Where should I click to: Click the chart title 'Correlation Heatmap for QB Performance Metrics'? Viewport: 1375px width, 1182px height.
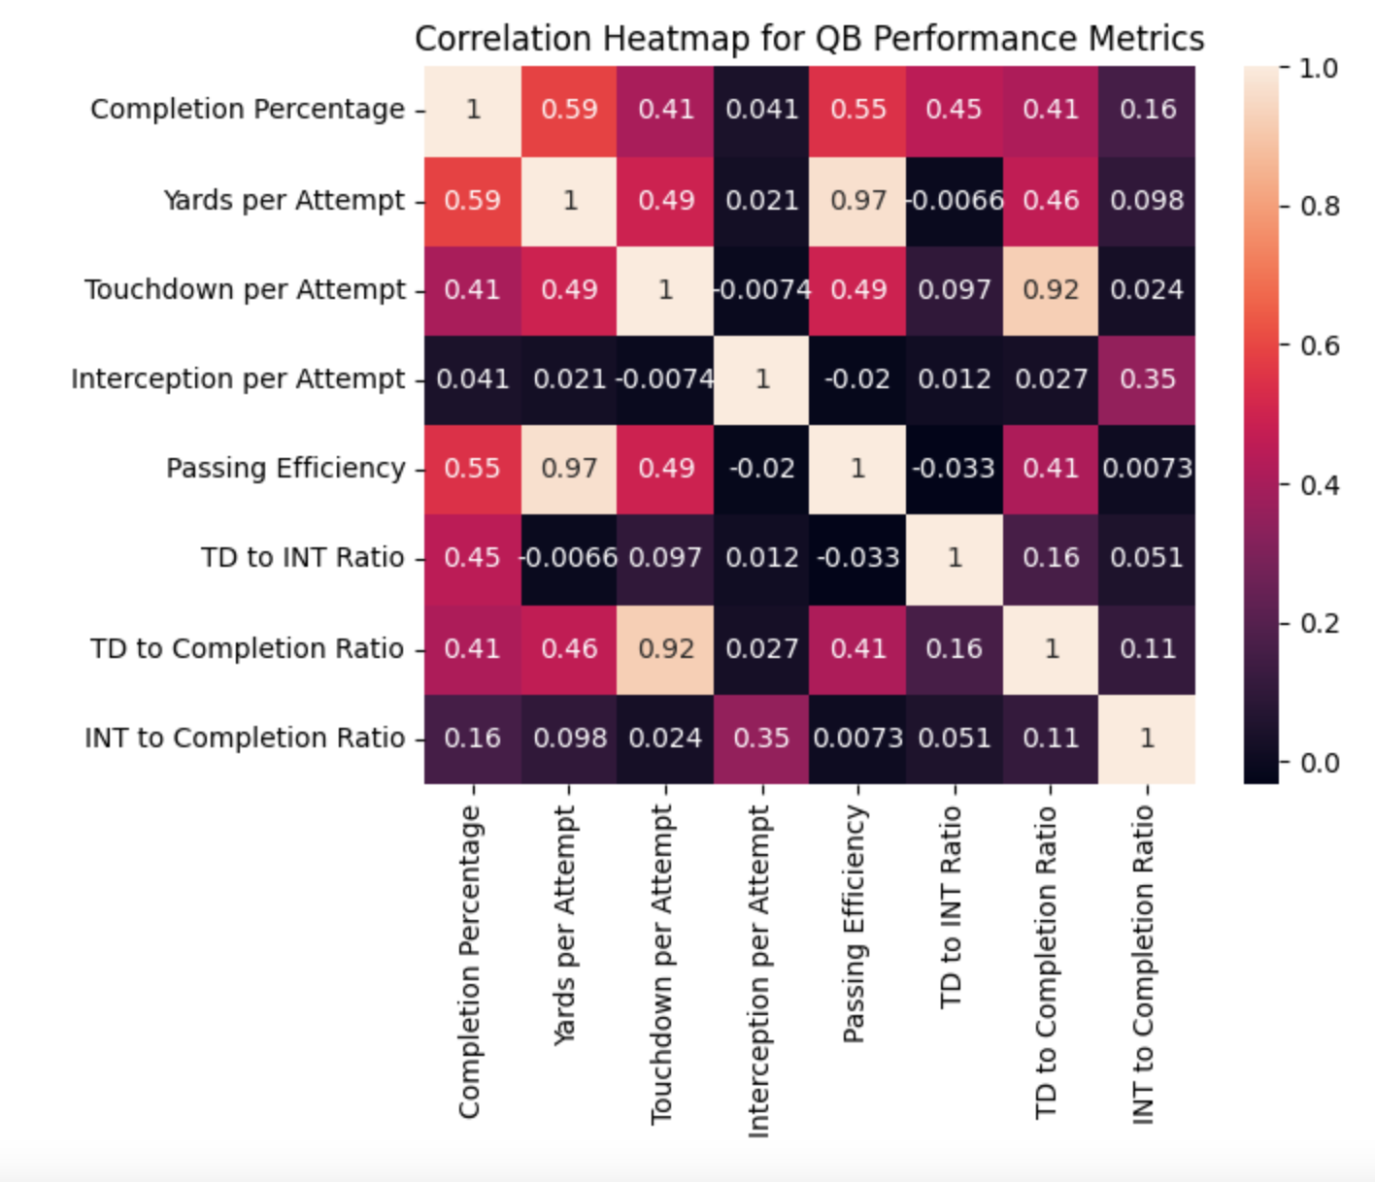(809, 39)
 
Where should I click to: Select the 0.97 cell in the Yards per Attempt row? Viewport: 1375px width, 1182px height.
(857, 201)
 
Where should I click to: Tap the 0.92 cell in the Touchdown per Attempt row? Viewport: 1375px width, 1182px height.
(1051, 290)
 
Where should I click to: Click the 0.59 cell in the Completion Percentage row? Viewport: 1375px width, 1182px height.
(569, 109)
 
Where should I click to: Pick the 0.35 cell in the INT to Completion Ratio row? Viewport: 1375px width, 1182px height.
(761, 739)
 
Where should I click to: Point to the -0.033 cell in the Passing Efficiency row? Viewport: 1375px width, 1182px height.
(954, 469)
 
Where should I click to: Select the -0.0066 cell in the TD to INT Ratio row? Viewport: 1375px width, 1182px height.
(569, 558)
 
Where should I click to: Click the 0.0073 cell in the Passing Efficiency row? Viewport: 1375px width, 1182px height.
(1147, 469)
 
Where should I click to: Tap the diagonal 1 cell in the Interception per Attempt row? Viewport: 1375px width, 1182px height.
(761, 379)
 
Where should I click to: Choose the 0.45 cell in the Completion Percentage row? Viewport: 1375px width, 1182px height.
(954, 109)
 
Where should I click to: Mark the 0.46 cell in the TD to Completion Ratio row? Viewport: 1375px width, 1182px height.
(569, 648)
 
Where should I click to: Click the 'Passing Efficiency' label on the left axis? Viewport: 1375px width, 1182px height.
(285, 469)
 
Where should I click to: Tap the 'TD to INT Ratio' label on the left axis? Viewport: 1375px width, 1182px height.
(302, 558)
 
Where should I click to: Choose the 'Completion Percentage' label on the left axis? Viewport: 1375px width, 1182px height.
(248, 109)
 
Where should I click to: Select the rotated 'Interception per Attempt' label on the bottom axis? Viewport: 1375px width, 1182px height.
(758, 970)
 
